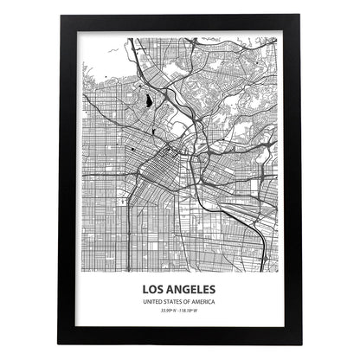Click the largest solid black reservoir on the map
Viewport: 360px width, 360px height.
click(149, 102)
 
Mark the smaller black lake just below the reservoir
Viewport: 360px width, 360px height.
click(152, 132)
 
